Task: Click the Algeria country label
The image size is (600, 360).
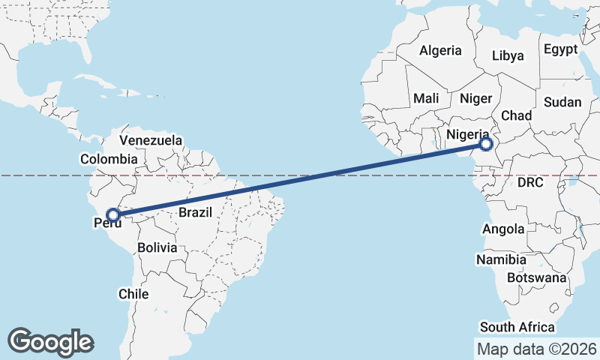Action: [440, 51]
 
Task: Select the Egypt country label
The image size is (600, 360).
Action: [561, 49]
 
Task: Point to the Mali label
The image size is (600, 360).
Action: [426, 98]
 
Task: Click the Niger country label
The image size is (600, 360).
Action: [475, 98]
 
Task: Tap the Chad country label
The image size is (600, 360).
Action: [516, 115]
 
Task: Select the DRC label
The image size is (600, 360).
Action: [529, 182]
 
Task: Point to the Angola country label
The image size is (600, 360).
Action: [503, 229]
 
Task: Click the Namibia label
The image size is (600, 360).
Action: [501, 259]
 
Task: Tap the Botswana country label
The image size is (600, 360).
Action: [535, 277]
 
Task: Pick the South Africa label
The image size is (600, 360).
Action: [517, 327]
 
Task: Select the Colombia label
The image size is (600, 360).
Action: [109, 159]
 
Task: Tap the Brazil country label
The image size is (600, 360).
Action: [198, 212]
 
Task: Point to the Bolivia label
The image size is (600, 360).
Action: [157, 247]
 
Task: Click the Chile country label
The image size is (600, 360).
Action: [133, 294]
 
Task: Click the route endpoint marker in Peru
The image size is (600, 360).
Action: [112, 215]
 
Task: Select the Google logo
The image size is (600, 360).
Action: [50, 342]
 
